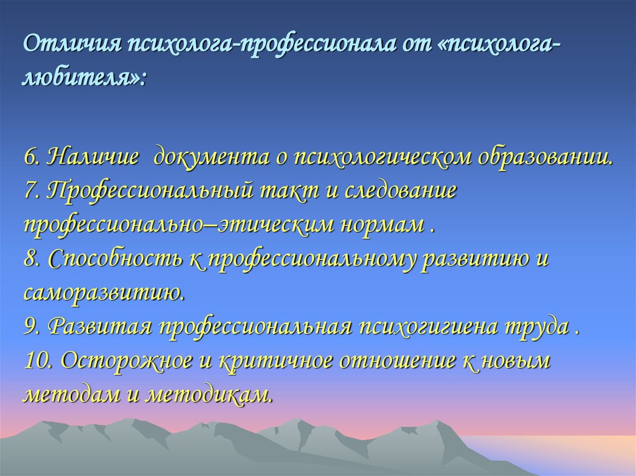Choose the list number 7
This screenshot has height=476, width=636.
click(x=32, y=191)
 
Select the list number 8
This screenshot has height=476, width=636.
click(x=32, y=259)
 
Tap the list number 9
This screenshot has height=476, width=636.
click(x=32, y=327)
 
